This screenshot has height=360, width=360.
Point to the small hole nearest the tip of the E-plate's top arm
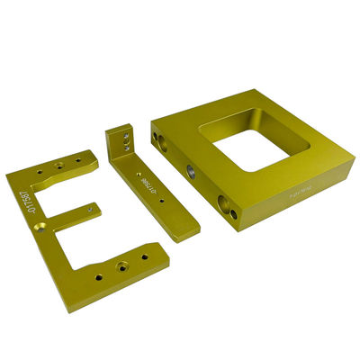click(x=80, y=159)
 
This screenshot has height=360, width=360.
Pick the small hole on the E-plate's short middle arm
click(x=91, y=208)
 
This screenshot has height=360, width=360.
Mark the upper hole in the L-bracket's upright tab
click(x=126, y=136)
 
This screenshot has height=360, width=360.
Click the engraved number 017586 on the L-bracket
click(x=147, y=187)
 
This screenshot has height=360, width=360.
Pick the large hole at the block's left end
click(x=160, y=140)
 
